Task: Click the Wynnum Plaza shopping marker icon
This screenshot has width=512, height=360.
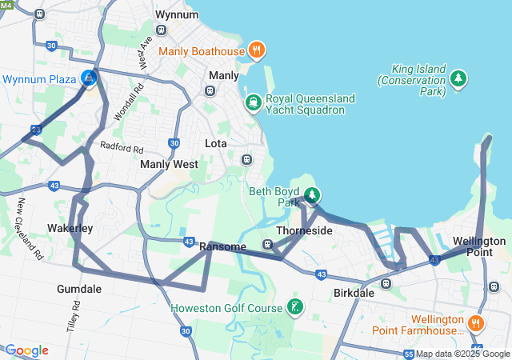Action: (x=89, y=78)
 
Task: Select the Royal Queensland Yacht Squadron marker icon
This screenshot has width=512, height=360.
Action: (x=253, y=102)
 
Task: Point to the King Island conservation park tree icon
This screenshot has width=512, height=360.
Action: (x=458, y=78)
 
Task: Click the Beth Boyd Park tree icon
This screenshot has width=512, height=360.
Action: (x=312, y=195)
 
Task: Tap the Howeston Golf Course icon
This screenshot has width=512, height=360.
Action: (x=295, y=307)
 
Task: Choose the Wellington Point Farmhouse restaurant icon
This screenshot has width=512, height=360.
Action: (x=475, y=323)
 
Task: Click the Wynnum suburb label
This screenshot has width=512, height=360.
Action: (x=177, y=15)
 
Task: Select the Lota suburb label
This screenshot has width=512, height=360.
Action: (x=216, y=144)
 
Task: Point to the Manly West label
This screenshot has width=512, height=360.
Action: (x=169, y=164)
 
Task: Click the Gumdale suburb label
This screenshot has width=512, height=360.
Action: (x=79, y=289)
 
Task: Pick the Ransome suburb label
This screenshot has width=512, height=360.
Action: (x=222, y=246)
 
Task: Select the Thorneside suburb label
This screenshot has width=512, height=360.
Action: (x=304, y=230)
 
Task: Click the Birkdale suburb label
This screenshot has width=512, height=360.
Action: (x=354, y=294)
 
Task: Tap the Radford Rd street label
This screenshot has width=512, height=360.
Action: (x=122, y=147)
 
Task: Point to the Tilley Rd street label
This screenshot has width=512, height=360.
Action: (x=77, y=318)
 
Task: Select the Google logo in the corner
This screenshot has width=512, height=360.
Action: (x=26, y=350)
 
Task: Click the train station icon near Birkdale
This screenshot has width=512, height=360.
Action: (x=386, y=283)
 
